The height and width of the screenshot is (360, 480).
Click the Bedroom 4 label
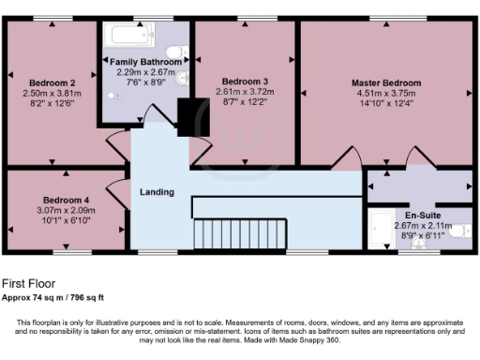coord(66,200)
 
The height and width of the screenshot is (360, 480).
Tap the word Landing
coord(157,192)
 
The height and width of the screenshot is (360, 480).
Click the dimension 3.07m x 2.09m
coord(66,211)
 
